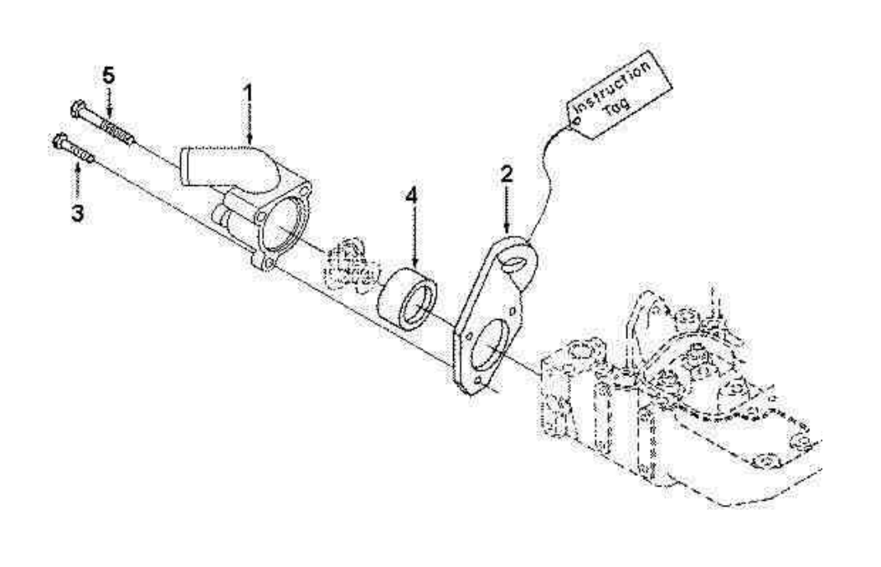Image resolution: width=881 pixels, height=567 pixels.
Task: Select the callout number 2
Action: (x=507, y=175)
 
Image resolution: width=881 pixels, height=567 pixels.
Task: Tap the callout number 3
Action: (x=77, y=213)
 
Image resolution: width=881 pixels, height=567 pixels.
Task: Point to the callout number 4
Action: (x=410, y=195)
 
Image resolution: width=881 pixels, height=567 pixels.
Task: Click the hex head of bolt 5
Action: (x=76, y=108)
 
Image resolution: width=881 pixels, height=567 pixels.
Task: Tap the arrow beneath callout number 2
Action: (x=507, y=210)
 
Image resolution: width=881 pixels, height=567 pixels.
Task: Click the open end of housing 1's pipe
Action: (x=187, y=166)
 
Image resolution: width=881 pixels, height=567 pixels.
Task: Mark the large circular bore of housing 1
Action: (x=283, y=226)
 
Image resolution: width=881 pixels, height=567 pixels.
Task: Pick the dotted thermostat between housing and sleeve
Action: (x=347, y=264)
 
